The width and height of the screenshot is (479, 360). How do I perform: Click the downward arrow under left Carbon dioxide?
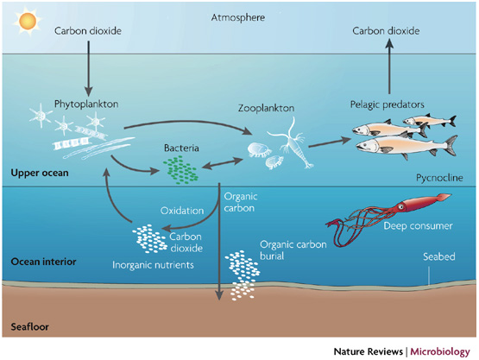(87, 69)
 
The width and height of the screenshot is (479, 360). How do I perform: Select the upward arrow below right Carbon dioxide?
(385, 66)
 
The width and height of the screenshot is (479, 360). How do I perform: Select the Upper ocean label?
(36, 173)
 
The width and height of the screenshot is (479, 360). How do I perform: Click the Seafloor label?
(29, 328)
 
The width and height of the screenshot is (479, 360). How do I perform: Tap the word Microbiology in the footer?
(438, 351)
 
